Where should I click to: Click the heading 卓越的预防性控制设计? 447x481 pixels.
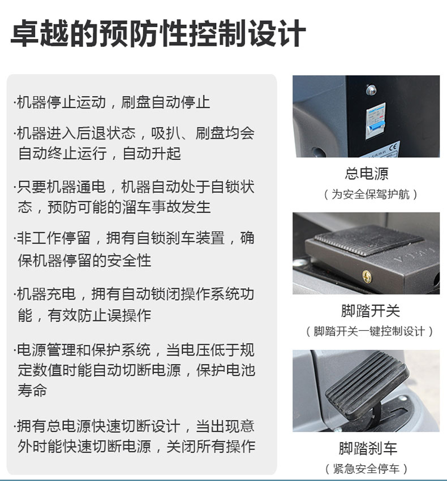[x=158, y=33]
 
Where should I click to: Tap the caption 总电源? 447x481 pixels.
[x=367, y=174]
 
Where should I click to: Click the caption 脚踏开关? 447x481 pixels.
[x=371, y=311]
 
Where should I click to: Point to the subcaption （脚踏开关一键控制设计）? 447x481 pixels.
[x=369, y=331]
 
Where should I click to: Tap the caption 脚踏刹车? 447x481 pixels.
[x=368, y=448]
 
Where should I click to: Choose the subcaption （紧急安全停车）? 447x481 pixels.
[x=366, y=469]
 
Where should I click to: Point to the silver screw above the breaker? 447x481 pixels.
[x=371, y=89]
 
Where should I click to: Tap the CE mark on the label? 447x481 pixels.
[x=393, y=148]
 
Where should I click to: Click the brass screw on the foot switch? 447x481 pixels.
[x=367, y=276]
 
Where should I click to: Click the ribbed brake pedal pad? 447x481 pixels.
[x=367, y=385]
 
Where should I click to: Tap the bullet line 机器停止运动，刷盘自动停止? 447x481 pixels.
[x=112, y=102]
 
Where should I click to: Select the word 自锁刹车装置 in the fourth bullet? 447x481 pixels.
[x=180, y=238]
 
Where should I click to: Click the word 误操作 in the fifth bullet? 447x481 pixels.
[x=129, y=315]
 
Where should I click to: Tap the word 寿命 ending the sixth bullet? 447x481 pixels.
[x=32, y=391]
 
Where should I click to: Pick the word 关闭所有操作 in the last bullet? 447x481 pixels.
[x=210, y=446]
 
